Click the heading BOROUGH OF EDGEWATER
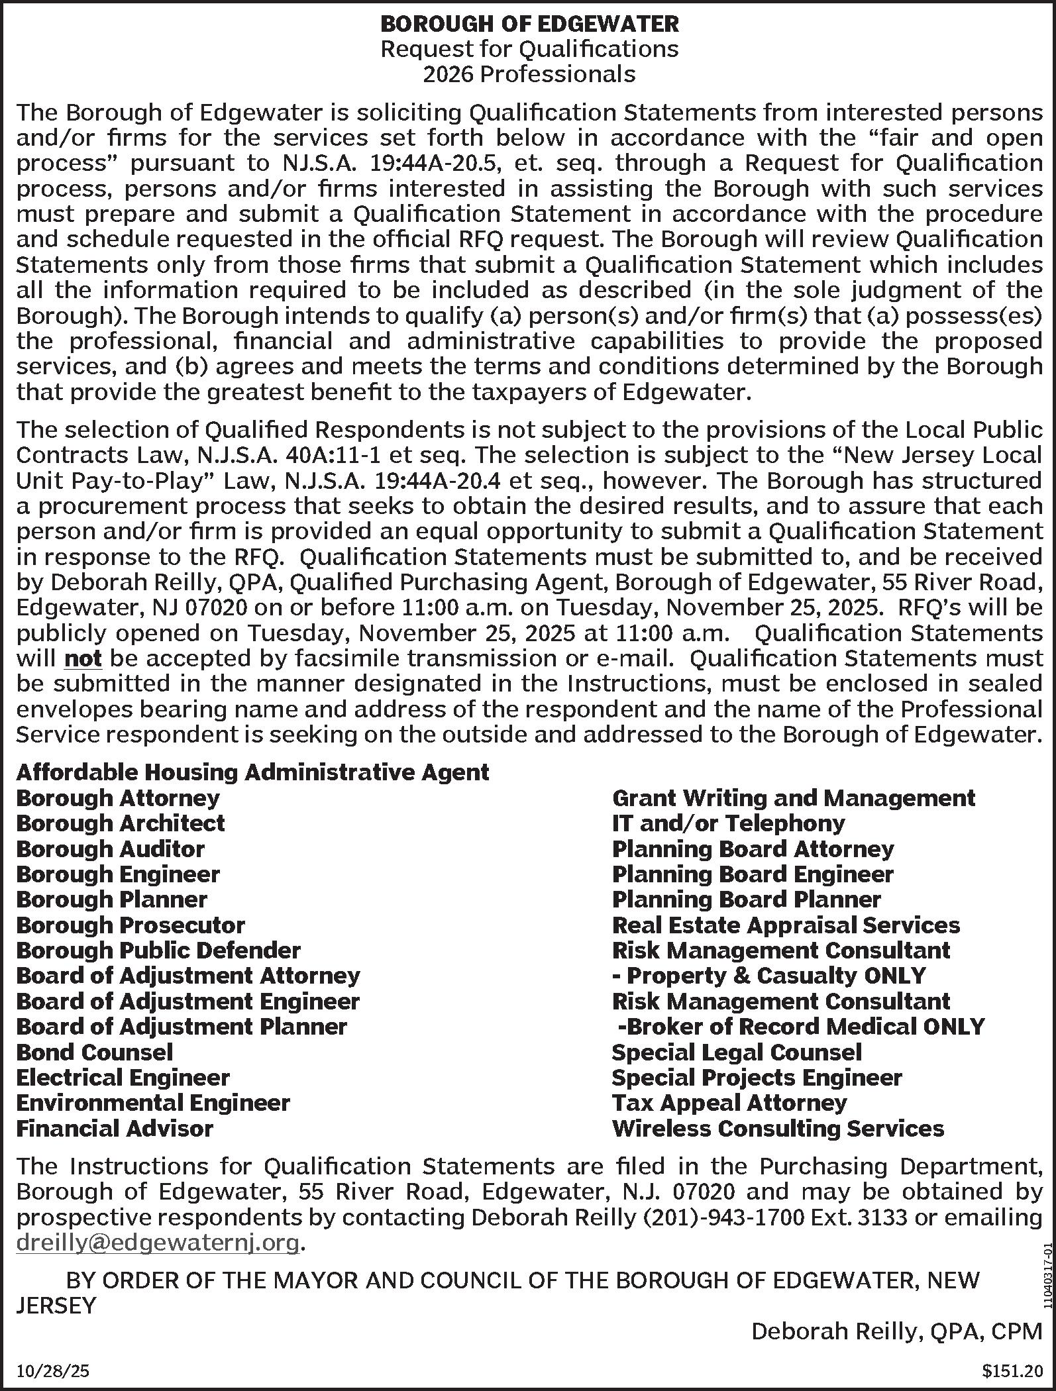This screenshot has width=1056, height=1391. click(x=529, y=25)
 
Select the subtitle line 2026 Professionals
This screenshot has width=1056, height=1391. click(x=529, y=74)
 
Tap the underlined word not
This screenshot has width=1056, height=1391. click(x=83, y=659)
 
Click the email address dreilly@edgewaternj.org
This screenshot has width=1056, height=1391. click(x=158, y=1243)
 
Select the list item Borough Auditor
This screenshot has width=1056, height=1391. click(x=110, y=849)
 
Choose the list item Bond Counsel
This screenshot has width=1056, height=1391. click(x=94, y=1053)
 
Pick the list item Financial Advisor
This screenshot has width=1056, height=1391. click(x=115, y=1129)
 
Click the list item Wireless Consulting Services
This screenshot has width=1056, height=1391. click(x=778, y=1129)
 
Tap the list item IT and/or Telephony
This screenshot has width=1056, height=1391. click(x=728, y=823)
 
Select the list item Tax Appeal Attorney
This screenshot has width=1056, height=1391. click(x=729, y=1103)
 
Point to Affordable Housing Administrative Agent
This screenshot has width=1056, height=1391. click(x=252, y=772)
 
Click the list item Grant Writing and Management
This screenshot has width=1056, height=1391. click(x=793, y=798)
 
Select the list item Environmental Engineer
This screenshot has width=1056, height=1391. click(x=153, y=1103)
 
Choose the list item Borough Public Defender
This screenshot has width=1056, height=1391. click(x=158, y=951)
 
